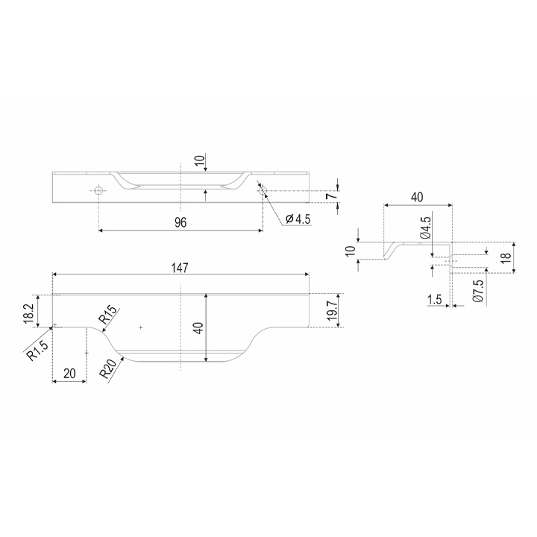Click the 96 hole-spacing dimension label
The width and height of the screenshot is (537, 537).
(x=180, y=222)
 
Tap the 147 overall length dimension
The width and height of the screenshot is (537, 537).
(x=180, y=268)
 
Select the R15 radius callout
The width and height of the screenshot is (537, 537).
(x=109, y=315)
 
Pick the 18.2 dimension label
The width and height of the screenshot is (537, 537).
(x=29, y=311)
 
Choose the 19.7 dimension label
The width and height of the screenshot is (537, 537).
(x=332, y=310)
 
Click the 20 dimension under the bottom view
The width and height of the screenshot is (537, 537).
(x=69, y=374)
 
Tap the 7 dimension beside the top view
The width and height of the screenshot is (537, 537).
(x=329, y=196)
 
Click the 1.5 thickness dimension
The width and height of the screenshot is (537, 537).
(x=435, y=300)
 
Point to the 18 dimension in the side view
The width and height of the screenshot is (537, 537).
(x=506, y=257)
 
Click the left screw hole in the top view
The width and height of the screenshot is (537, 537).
(x=98, y=191)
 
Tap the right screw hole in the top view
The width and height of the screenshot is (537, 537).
(x=262, y=191)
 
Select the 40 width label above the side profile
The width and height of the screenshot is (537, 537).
(x=417, y=198)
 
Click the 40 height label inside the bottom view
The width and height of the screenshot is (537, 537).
(x=199, y=328)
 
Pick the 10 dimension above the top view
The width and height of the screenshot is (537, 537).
(x=200, y=160)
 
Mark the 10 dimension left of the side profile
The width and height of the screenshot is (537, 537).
(x=351, y=251)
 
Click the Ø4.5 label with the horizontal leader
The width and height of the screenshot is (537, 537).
(x=298, y=219)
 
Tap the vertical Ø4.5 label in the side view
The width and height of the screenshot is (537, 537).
(x=424, y=228)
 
